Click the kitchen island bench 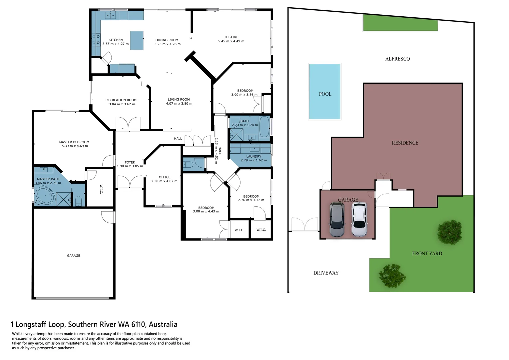(x=137, y=40)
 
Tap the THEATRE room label (x=231, y=37)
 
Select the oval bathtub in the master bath (x=45, y=196)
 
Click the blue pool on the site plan (x=325, y=91)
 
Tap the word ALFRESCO (x=397, y=59)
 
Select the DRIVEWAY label (x=326, y=273)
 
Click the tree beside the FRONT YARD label (x=450, y=232)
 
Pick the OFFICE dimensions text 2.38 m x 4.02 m (x=164, y=181)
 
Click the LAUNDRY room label (x=254, y=156)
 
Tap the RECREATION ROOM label (x=121, y=100)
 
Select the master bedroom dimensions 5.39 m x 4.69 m (x=75, y=146)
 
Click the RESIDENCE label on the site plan (x=405, y=143)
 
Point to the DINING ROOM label (x=167, y=40)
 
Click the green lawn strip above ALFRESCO (x=400, y=23)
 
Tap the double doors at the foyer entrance (x=130, y=183)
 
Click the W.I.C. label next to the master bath (x=101, y=189)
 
